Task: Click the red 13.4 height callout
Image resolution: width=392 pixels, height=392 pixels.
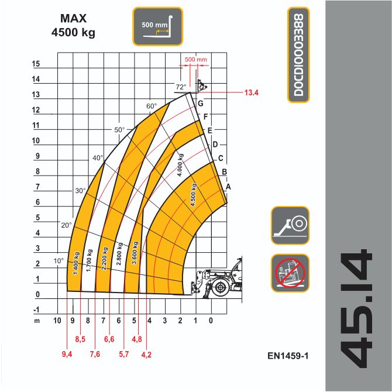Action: (251, 93)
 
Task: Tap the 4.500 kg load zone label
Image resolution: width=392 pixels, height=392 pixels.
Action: (194, 195)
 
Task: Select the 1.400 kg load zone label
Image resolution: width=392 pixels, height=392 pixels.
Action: (76, 263)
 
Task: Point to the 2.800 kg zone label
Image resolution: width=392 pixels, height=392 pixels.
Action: (119, 254)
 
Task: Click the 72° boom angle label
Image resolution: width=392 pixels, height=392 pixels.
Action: (181, 87)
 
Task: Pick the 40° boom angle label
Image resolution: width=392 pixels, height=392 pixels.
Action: (98, 158)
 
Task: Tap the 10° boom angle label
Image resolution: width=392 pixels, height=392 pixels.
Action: (59, 261)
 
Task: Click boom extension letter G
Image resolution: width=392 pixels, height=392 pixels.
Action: (201, 103)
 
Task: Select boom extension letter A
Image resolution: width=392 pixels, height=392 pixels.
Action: (228, 187)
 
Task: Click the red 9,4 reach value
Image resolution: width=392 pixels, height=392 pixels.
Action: (67, 354)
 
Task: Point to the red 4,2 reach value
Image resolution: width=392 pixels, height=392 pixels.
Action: (146, 355)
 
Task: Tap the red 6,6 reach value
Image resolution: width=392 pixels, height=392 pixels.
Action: (109, 339)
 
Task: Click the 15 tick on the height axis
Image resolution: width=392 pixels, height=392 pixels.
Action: (36, 64)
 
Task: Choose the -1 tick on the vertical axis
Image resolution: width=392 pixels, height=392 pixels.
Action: (36, 310)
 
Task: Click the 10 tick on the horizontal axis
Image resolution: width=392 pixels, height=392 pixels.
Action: (57, 321)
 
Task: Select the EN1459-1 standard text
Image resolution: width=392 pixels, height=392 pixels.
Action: (288, 356)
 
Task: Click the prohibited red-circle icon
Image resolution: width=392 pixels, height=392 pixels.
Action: (290, 273)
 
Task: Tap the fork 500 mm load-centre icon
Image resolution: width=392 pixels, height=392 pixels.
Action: (158, 26)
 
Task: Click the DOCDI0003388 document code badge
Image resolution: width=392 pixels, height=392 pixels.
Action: (298, 55)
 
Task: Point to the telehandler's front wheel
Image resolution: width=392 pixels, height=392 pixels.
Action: (220, 287)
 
